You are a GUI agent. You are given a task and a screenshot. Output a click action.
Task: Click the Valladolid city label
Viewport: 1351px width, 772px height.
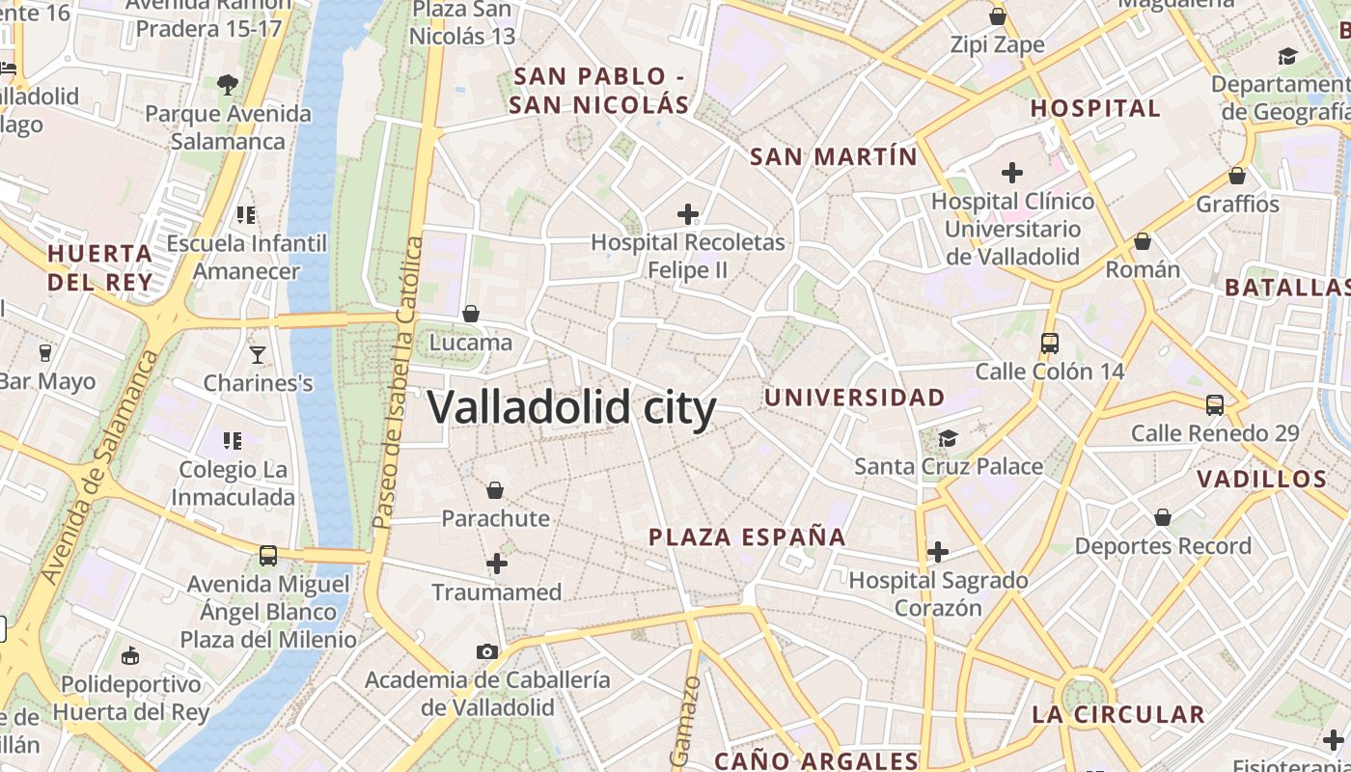pyautogui.click(x=571, y=407)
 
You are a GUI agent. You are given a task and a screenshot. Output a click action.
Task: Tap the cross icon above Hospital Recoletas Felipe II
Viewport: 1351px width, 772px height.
pyautogui.click(x=688, y=213)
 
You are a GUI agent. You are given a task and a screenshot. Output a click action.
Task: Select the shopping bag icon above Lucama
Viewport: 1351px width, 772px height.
pyautogui.click(x=471, y=314)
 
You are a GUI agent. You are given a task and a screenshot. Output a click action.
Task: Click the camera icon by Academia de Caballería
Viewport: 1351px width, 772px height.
pyautogui.click(x=487, y=651)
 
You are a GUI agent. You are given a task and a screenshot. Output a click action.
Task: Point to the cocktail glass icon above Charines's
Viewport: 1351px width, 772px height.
pyautogui.click(x=258, y=355)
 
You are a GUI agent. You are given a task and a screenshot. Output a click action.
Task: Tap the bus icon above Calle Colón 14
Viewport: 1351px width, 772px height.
pyautogui.click(x=1050, y=343)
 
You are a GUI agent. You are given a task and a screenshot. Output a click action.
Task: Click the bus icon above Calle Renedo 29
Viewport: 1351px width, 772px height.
pyautogui.click(x=1215, y=405)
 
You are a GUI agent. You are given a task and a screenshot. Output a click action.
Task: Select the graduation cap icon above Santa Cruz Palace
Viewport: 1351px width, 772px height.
pyautogui.click(x=949, y=438)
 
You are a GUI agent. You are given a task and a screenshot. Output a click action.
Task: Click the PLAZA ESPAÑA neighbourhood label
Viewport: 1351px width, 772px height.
pyautogui.click(x=747, y=538)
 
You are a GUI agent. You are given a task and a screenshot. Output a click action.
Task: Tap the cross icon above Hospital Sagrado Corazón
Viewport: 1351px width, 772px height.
pyautogui.click(x=938, y=552)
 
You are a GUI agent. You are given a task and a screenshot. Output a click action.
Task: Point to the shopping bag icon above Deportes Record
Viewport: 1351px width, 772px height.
pyautogui.click(x=1163, y=518)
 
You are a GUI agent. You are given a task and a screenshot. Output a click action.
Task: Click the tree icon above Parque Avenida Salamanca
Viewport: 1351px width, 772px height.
pyautogui.click(x=228, y=85)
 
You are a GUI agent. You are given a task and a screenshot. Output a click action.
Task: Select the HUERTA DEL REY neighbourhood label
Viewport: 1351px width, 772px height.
pyautogui.click(x=100, y=267)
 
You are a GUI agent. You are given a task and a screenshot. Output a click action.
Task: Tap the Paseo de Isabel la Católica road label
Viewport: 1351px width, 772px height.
pyautogui.click(x=399, y=383)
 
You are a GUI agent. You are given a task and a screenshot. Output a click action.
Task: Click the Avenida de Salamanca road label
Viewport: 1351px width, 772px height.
pyautogui.click(x=101, y=468)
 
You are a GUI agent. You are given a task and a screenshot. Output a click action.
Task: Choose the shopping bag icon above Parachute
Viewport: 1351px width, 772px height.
pyautogui.click(x=495, y=490)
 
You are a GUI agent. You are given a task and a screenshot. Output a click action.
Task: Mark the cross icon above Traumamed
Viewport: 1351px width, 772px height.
pyautogui.click(x=497, y=564)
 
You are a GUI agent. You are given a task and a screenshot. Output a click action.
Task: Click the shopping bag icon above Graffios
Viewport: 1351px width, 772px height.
pyautogui.click(x=1237, y=176)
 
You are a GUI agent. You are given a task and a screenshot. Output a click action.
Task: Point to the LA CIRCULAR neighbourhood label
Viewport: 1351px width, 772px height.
pyautogui.click(x=1118, y=715)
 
